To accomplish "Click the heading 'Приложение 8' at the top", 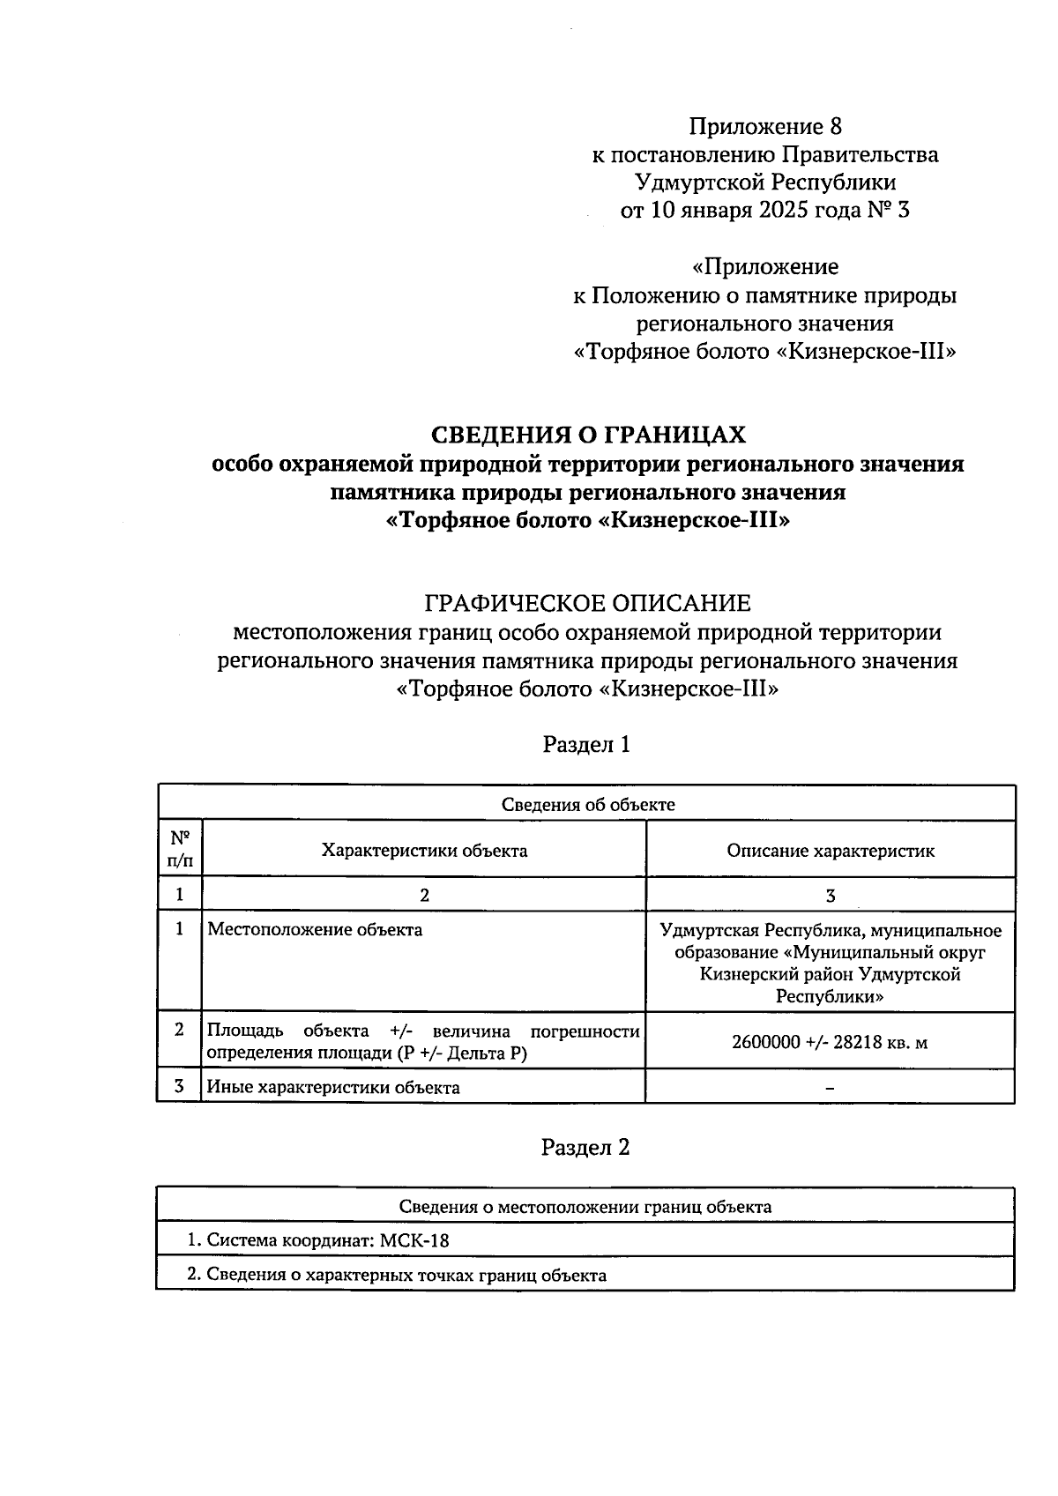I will click(x=764, y=126).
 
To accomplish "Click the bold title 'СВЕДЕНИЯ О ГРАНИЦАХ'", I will click(x=587, y=435).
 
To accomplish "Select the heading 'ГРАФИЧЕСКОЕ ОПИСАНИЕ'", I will click(x=587, y=604).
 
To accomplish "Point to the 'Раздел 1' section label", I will click(x=586, y=745).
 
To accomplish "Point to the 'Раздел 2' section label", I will click(x=586, y=1148).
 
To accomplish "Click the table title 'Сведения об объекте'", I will click(x=587, y=804).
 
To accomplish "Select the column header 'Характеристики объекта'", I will click(x=424, y=851).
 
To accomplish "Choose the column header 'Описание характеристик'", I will click(x=830, y=851).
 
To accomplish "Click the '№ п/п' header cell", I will click(x=180, y=849).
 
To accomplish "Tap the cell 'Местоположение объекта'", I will click(x=315, y=930).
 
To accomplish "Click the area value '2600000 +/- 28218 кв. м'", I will click(x=830, y=1043).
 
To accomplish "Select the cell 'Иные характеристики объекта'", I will click(x=333, y=1088).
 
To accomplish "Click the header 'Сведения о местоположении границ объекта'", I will click(x=585, y=1207).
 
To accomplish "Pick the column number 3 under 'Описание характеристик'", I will click(x=830, y=896).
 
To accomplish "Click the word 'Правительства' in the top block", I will click(x=860, y=155).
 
